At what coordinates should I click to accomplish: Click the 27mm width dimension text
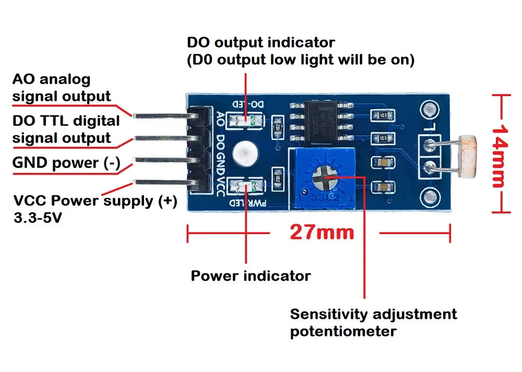point(322,231)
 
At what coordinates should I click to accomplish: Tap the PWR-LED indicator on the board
point(245,185)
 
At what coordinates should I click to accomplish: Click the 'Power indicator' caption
point(251,275)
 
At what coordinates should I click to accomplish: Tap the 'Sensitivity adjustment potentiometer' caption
point(373,322)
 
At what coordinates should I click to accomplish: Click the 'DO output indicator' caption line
point(260,42)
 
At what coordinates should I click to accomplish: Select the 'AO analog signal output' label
point(62,88)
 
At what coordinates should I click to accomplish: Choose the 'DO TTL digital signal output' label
point(66,129)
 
